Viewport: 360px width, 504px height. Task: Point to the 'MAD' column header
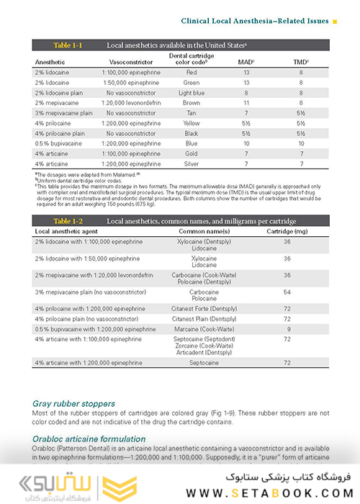click(246, 62)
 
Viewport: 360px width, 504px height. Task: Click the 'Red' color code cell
click(191, 73)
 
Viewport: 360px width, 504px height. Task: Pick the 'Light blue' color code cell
click(191, 93)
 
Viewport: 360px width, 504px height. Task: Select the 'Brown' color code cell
click(191, 103)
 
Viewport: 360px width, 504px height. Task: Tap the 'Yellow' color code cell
click(191, 123)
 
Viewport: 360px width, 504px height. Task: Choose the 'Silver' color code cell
click(191, 164)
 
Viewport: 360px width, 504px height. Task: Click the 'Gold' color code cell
click(191, 154)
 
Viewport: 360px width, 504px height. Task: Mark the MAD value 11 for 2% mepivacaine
click(246, 103)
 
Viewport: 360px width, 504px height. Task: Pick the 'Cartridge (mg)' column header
click(287, 230)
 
